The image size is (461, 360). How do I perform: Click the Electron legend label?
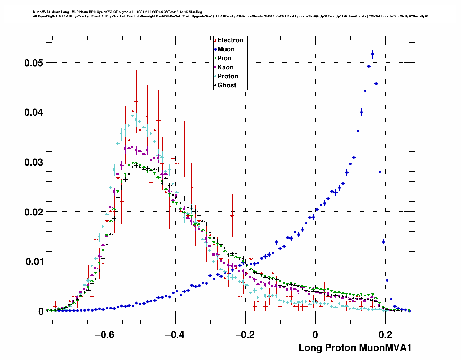(230, 40)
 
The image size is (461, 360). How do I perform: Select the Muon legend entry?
(226, 49)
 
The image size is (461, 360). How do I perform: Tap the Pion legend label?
(224, 58)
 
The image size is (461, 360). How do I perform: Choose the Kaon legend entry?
(225, 67)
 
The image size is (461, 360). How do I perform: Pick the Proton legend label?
(228, 76)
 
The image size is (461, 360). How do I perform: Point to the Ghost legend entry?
(227, 85)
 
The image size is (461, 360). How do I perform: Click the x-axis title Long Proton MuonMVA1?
(355, 348)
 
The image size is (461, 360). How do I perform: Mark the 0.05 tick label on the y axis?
(34, 63)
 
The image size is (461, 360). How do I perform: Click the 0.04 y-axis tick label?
(34, 112)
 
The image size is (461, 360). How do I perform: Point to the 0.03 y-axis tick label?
(34, 162)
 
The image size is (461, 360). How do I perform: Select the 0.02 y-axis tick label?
(34, 212)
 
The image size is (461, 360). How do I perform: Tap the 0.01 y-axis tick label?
(34, 262)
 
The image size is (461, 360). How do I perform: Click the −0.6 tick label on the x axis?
(105, 335)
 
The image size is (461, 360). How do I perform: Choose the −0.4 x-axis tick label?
(175, 335)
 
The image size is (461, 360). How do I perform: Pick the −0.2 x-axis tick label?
(245, 335)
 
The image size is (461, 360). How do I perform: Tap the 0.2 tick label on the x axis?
(385, 335)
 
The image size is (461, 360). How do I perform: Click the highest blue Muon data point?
(372, 54)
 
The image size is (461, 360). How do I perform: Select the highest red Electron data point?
(136, 102)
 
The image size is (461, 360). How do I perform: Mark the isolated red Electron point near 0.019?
(232, 216)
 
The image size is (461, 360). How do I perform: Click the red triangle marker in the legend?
(215, 40)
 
